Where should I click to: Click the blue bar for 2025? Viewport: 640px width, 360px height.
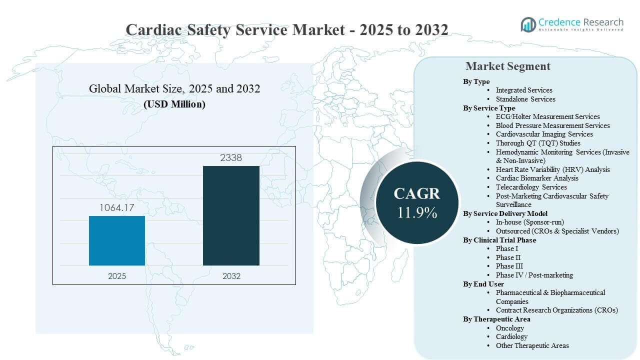point(117,240)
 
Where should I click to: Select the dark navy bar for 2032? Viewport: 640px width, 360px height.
point(231,215)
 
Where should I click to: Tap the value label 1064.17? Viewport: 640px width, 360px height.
point(117,207)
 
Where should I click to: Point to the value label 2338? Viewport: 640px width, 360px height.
point(231,157)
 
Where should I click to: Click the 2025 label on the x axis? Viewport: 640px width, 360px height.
point(117,276)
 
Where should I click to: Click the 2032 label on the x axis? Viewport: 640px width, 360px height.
point(231,276)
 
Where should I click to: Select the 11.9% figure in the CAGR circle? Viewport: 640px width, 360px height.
point(417,212)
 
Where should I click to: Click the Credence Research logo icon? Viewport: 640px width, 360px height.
point(528,24)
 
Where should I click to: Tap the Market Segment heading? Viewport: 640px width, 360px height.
point(507,66)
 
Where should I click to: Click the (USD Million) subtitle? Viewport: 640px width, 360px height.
point(174,104)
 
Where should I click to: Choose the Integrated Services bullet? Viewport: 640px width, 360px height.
point(523,90)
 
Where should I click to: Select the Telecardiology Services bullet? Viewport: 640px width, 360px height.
point(531,187)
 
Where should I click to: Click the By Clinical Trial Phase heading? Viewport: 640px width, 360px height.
point(499,240)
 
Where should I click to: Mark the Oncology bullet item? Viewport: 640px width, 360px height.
point(509,328)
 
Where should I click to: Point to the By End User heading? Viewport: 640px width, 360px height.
point(483,284)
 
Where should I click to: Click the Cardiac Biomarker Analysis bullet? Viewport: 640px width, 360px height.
point(536,178)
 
